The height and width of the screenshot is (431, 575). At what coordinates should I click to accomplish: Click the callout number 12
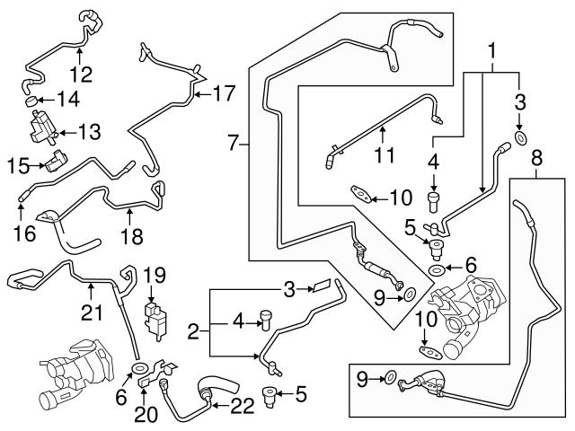click(81, 73)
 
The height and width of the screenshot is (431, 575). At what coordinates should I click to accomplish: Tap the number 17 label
click(225, 92)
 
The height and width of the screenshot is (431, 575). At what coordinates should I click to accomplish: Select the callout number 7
click(234, 141)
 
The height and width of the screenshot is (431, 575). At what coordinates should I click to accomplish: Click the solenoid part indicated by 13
click(41, 123)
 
